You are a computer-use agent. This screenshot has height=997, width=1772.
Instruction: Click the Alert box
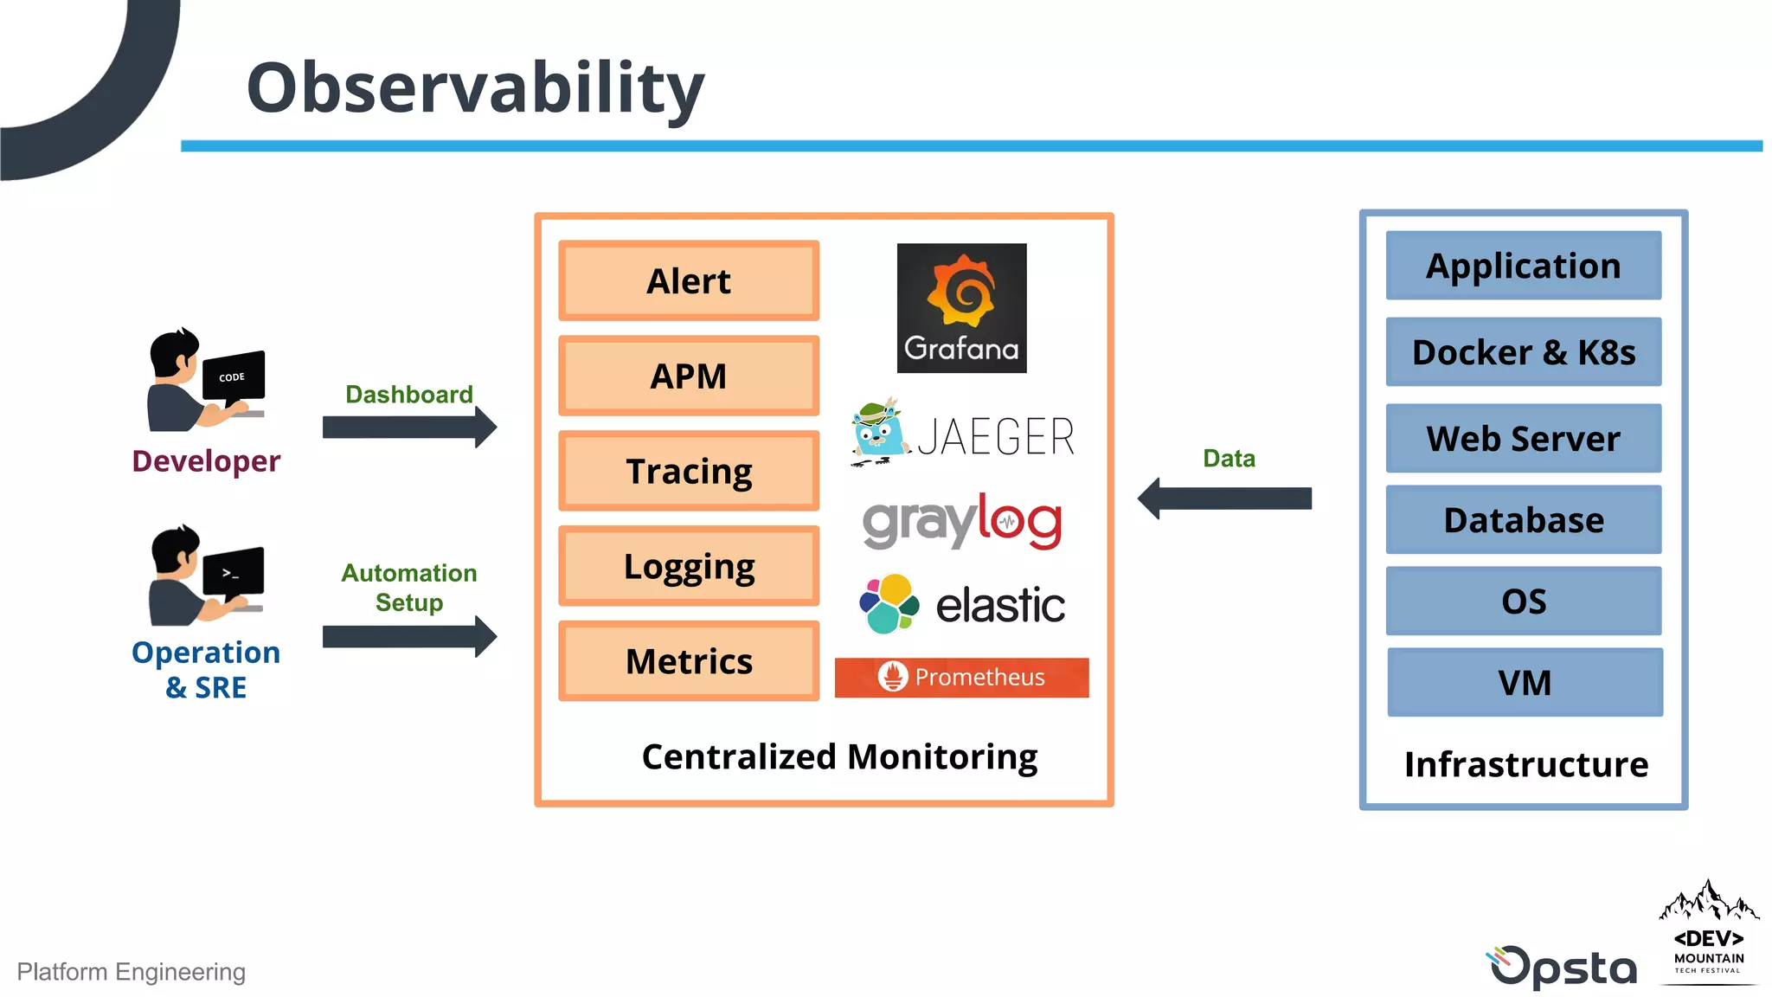point(689,281)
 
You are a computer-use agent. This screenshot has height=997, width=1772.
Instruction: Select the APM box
point(689,376)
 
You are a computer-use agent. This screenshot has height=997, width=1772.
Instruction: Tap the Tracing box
point(689,472)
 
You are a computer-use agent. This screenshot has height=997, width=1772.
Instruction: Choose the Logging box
point(689,567)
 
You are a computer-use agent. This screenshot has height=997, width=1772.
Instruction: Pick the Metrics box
point(689,662)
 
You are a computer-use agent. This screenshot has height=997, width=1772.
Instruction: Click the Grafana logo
point(961,308)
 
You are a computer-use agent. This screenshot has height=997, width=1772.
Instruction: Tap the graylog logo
point(961,522)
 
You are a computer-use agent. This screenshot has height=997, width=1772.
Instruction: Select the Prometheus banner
point(961,677)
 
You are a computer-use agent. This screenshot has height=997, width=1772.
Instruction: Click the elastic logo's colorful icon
point(889,604)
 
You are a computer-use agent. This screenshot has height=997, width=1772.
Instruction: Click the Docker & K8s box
point(1523,352)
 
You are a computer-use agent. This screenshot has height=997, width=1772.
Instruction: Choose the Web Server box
point(1523,439)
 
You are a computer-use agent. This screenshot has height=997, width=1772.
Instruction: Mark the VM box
point(1525,683)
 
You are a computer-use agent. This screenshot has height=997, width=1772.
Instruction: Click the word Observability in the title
point(475,88)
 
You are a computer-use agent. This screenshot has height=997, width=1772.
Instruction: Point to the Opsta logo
point(1563,967)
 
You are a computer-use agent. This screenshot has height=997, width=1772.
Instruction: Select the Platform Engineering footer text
point(132,972)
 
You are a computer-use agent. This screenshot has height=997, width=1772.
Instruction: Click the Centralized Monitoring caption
point(839,757)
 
